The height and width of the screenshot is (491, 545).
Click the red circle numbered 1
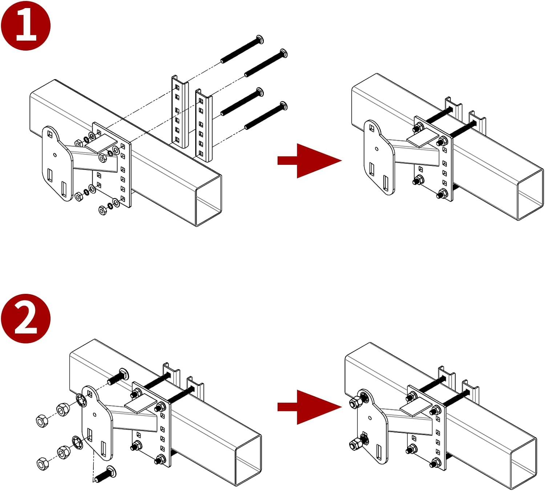pos(26,25)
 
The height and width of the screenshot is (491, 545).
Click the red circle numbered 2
pos(26,318)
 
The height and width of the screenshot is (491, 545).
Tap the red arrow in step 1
pos(310,161)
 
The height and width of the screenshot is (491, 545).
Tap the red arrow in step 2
pos(310,407)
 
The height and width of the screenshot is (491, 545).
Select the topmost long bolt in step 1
pos(242,49)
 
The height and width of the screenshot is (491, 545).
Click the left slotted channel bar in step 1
pos(180,112)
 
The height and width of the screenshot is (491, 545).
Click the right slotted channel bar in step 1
pos(204,125)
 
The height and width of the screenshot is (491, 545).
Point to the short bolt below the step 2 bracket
pos(105,474)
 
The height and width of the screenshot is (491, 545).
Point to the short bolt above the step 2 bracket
pos(118,377)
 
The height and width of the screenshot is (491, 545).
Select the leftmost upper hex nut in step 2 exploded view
pos(42,421)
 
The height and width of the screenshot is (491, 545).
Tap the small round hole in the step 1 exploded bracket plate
pos(55,155)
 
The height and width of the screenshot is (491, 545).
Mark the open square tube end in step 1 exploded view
pos(209,201)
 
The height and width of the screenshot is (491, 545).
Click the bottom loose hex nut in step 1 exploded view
pos(103,210)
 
